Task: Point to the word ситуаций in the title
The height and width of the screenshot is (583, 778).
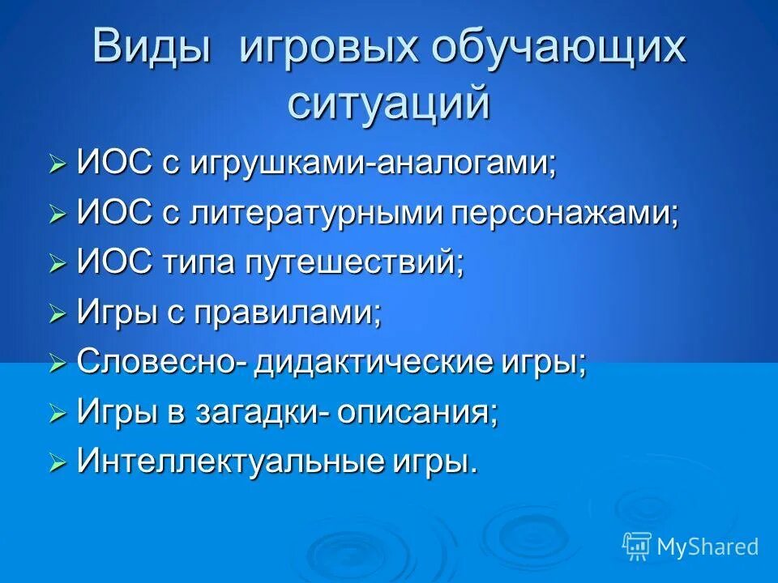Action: (389, 104)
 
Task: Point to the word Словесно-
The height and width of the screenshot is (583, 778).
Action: (161, 363)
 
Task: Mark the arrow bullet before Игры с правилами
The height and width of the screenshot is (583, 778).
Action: (57, 314)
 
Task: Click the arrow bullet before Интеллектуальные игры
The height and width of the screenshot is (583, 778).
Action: (57, 463)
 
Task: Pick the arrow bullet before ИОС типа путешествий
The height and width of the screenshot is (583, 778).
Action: (57, 265)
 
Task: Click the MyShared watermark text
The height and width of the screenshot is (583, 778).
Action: (707, 547)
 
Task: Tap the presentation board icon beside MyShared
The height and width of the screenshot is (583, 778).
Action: (636, 545)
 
